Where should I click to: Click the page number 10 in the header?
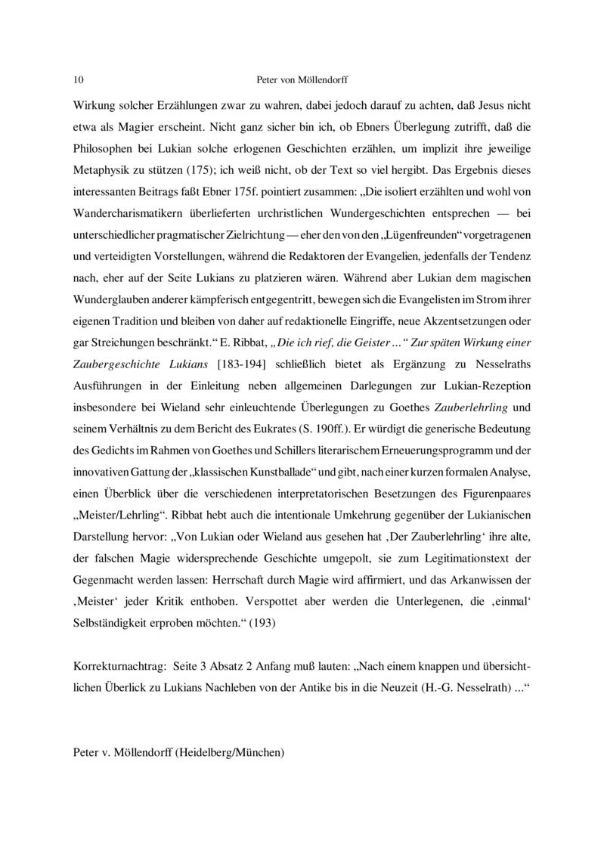coord(79,79)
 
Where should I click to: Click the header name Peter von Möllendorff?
coord(302,79)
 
